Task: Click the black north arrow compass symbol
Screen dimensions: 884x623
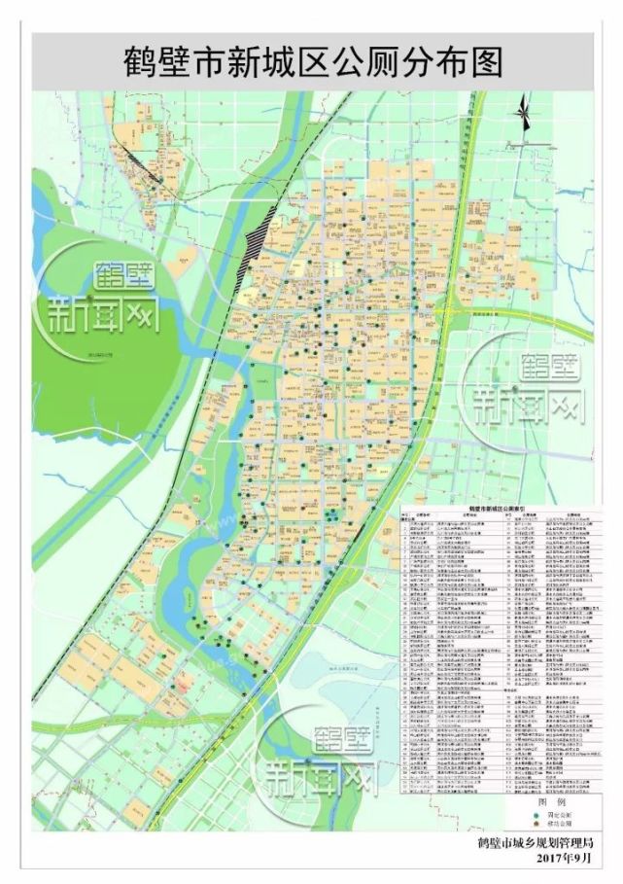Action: (524, 114)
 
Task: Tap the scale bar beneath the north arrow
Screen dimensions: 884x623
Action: (531, 143)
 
